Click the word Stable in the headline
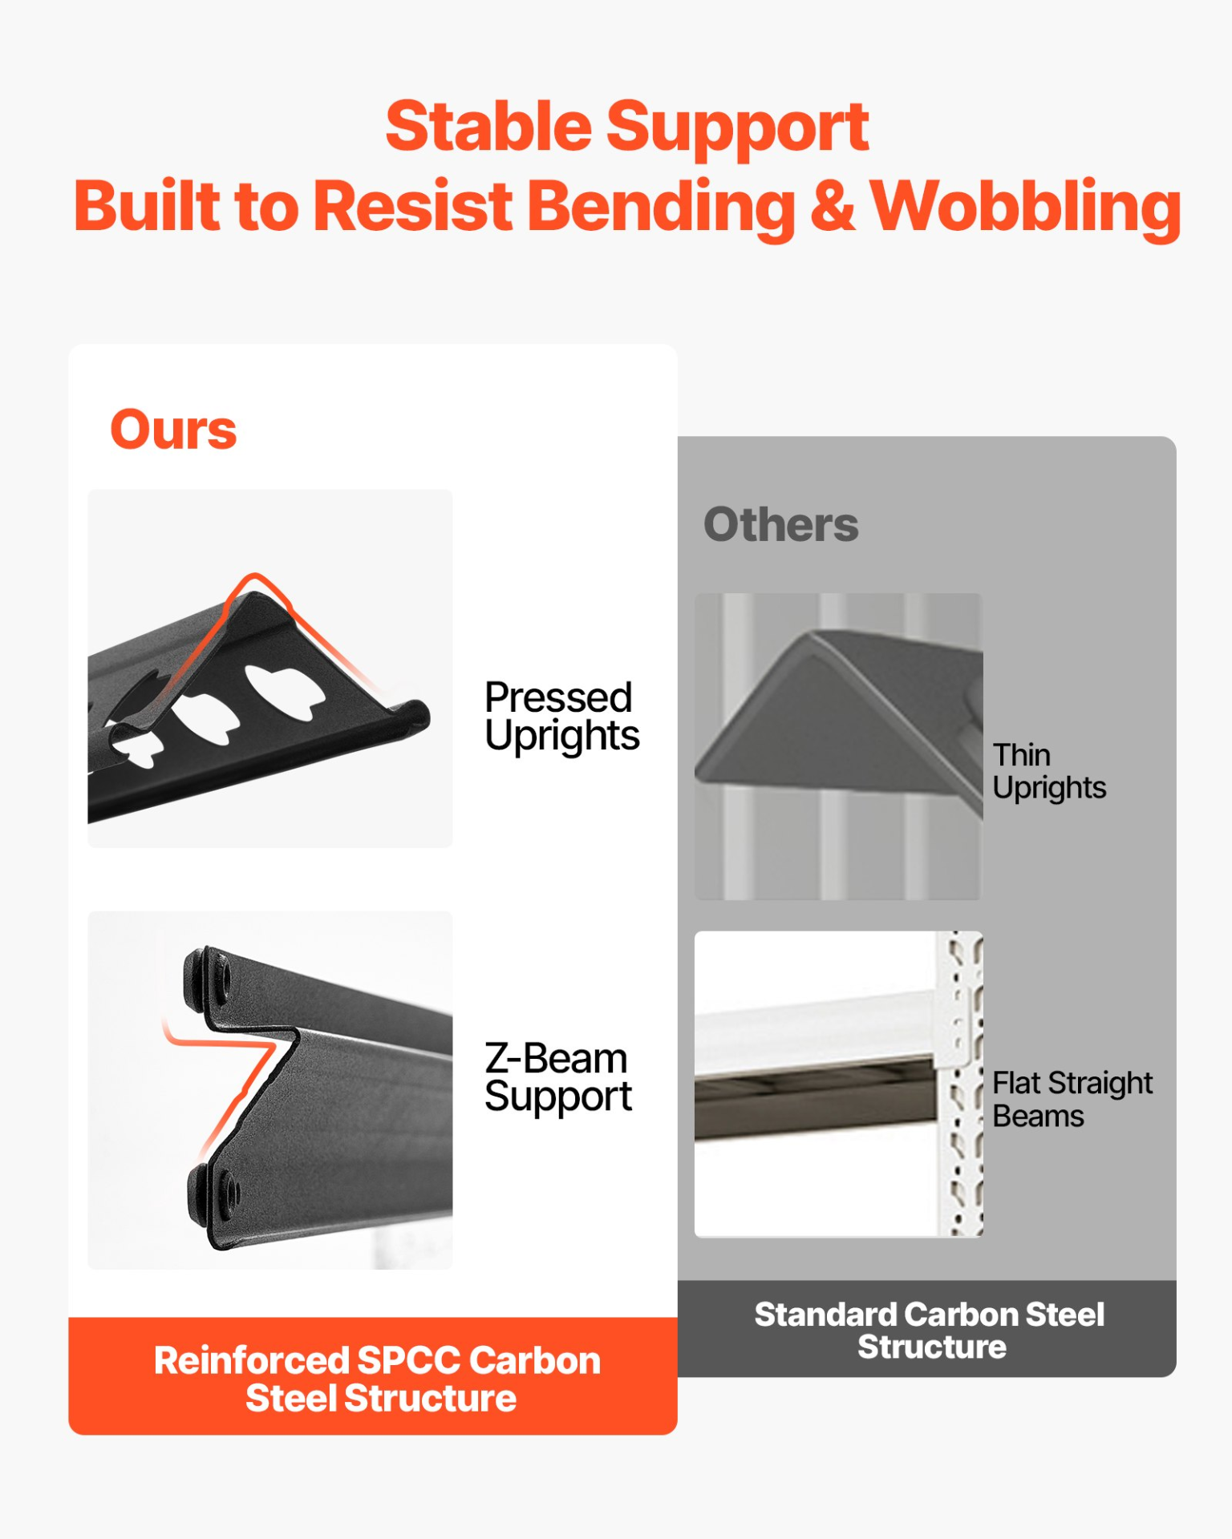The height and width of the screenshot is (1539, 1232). point(488,127)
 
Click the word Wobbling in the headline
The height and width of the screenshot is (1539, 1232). point(1026,208)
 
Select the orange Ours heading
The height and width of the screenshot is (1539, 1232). point(173,430)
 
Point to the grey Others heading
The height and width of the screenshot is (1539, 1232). point(780,525)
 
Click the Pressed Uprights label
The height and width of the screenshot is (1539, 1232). point(561,717)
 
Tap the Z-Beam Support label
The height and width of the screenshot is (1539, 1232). point(558,1077)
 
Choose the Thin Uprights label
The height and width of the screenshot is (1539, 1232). point(1049,772)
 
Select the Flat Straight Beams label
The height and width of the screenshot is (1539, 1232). point(1072,1100)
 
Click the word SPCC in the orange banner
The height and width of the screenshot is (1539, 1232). point(408,1360)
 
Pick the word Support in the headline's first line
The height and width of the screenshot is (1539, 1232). point(737,128)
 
